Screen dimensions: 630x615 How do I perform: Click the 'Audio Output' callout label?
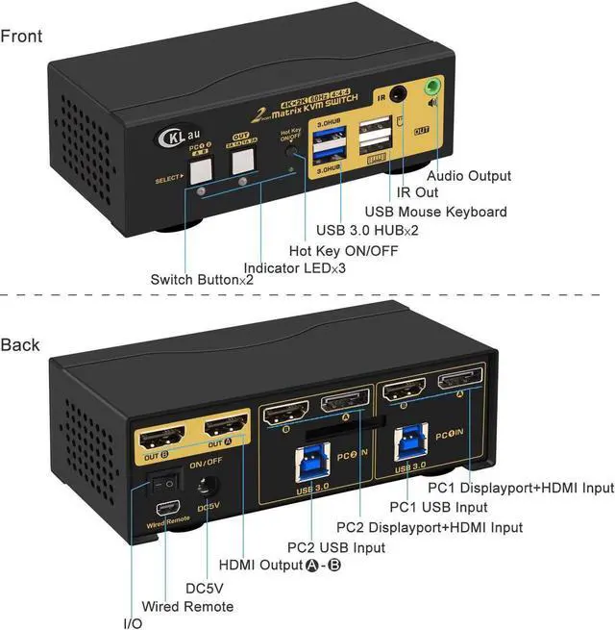point(469,176)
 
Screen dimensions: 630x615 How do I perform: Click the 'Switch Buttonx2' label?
point(202,280)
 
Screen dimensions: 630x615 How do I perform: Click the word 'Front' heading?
point(21,37)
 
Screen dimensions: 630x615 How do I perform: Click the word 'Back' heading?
point(20,344)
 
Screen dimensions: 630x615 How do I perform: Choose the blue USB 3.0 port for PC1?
point(405,444)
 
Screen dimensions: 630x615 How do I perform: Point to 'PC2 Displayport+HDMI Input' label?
point(430,527)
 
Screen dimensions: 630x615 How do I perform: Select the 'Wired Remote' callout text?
point(187,606)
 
